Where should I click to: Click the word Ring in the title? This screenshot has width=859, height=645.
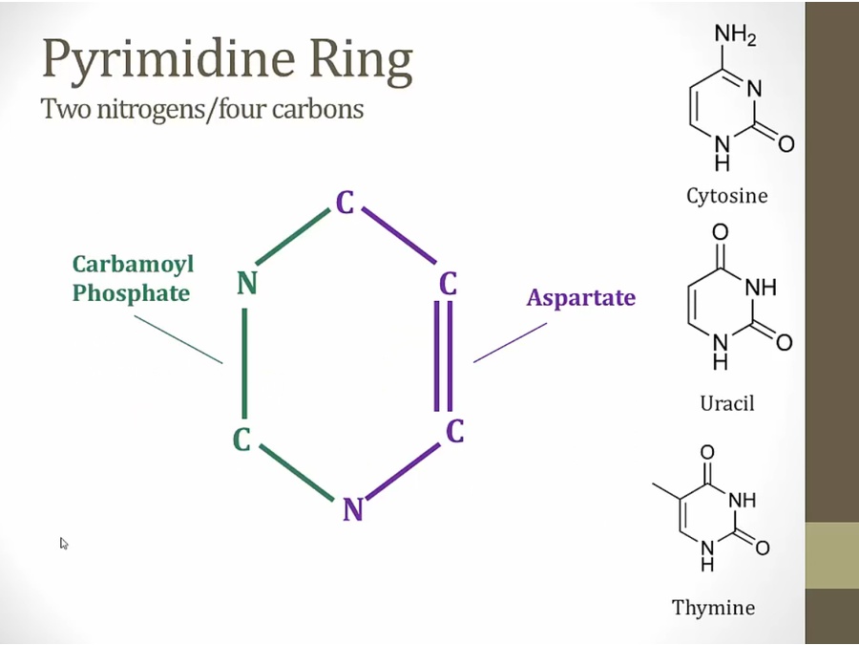pos(362,61)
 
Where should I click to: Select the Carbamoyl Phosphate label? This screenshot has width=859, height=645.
pos(133,278)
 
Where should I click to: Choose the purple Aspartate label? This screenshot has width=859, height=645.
pos(580,297)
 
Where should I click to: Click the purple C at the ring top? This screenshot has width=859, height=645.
pos(345,203)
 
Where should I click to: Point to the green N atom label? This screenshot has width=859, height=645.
pos(247,284)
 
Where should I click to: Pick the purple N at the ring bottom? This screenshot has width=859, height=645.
pos(353,510)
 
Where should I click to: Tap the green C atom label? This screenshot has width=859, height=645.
pos(243,441)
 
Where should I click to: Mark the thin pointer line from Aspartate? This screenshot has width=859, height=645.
pos(510,342)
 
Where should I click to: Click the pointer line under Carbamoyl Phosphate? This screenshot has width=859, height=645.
pos(178,339)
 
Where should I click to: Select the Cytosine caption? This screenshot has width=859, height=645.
pos(726,196)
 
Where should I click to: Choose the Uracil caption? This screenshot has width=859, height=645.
pos(726,402)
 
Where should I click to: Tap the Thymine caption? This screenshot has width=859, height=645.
pos(713,607)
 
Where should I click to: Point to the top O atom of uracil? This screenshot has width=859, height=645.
pos(720,232)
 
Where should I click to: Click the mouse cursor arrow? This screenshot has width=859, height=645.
pos(64,543)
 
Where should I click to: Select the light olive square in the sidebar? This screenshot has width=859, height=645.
pos(831,555)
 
